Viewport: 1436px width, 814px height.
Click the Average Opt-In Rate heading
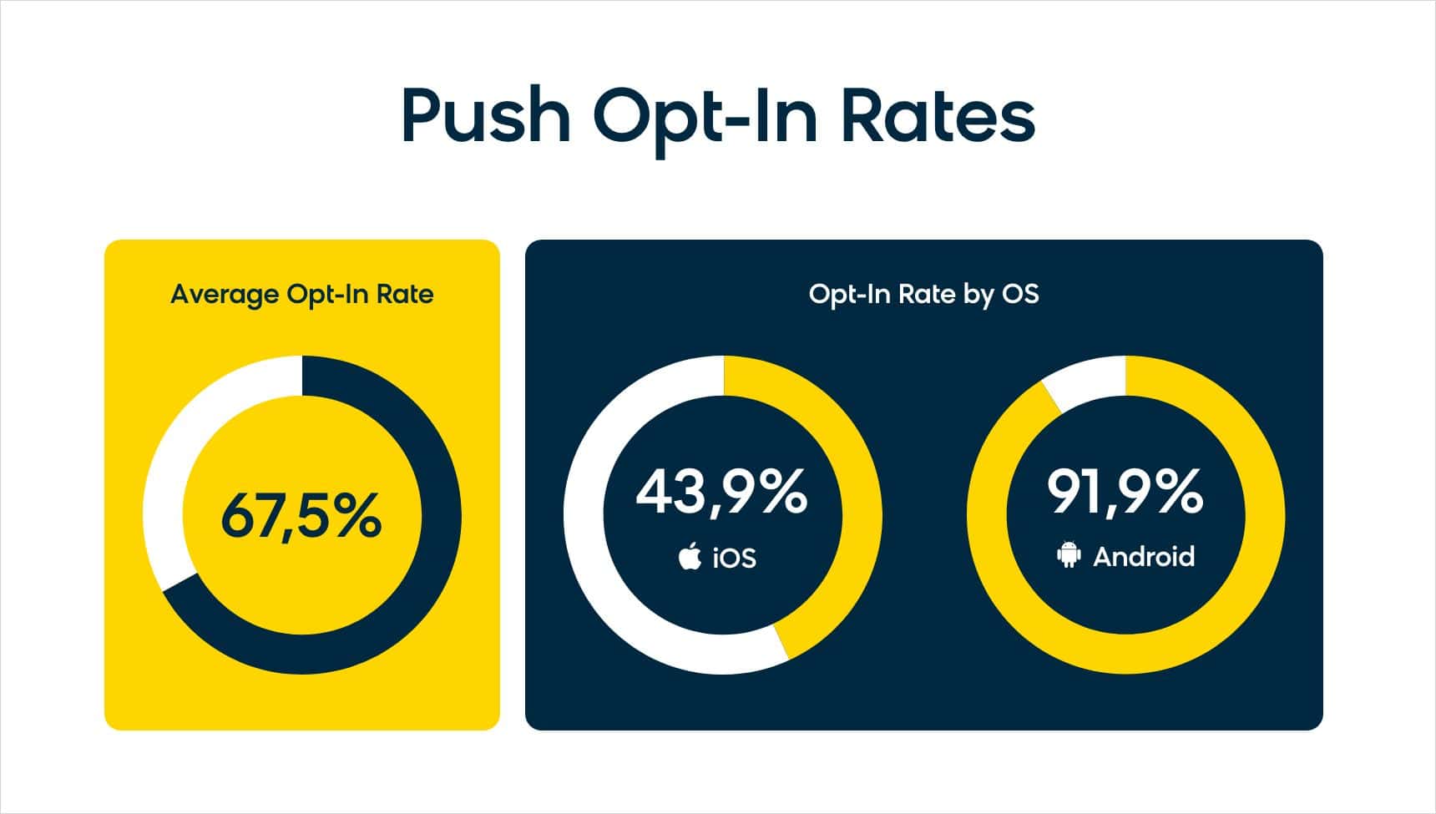[x=301, y=295]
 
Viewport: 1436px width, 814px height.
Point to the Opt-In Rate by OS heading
[x=923, y=295]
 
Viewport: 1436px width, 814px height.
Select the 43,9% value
[x=721, y=492]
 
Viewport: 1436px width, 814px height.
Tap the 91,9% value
[x=1125, y=492]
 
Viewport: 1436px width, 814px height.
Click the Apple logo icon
[x=690, y=556]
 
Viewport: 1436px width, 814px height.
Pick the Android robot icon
[x=1069, y=555]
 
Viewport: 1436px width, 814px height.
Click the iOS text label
[x=735, y=558]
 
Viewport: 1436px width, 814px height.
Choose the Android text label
[x=1144, y=557]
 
